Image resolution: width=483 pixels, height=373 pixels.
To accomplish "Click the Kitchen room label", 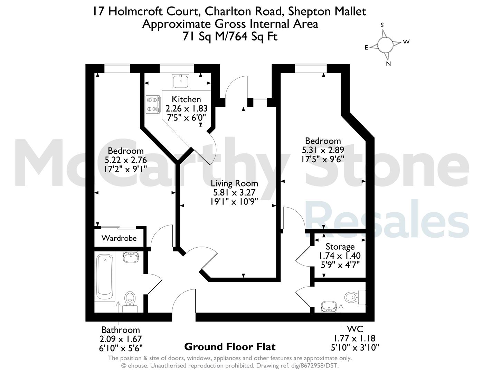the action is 186,99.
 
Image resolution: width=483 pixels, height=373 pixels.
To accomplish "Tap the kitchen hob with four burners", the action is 153,104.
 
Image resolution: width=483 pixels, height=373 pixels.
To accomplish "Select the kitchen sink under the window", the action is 180,81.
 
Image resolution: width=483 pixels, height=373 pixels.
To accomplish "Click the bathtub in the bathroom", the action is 104,278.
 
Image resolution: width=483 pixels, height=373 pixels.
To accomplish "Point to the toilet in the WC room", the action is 355,297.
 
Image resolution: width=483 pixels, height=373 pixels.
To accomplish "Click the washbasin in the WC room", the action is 329,307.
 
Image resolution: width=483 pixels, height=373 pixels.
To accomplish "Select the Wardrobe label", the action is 119,238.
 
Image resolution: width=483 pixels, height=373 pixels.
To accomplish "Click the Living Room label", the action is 234,183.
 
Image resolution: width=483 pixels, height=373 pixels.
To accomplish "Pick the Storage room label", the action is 340,247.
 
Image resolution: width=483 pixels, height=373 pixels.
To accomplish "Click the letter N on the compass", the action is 388,64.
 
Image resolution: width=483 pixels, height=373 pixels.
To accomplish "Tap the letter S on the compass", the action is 382,25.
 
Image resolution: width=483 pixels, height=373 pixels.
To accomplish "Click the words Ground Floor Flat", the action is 230,347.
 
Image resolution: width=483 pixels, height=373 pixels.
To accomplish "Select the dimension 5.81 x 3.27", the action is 234,192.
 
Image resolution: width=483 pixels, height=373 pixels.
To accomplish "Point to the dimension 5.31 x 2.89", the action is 323,150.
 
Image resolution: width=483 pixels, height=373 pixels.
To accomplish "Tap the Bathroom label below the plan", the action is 121,330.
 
